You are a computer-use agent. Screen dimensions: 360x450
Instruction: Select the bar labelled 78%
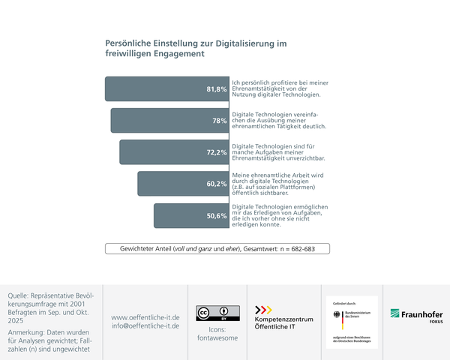(x=169, y=120)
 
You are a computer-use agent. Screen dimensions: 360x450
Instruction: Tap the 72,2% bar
(x=173, y=151)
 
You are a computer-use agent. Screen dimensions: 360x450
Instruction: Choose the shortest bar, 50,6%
(x=190, y=215)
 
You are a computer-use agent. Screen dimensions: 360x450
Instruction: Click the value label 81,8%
(x=217, y=89)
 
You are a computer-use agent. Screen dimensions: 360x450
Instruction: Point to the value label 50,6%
(x=217, y=216)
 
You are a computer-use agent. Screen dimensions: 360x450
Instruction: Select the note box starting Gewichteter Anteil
(x=217, y=248)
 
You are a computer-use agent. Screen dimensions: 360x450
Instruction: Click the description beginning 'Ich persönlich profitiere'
(x=277, y=88)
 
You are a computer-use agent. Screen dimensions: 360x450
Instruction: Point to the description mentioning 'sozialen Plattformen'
(x=277, y=184)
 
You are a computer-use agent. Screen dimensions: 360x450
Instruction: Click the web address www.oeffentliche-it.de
(x=145, y=316)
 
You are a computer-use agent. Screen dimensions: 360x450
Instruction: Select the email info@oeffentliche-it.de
(x=145, y=326)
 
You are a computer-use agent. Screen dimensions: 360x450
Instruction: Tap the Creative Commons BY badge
(x=217, y=313)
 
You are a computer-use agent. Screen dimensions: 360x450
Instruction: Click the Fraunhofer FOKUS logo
(x=416, y=315)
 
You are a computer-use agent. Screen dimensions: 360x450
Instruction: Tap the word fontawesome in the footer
(x=217, y=338)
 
